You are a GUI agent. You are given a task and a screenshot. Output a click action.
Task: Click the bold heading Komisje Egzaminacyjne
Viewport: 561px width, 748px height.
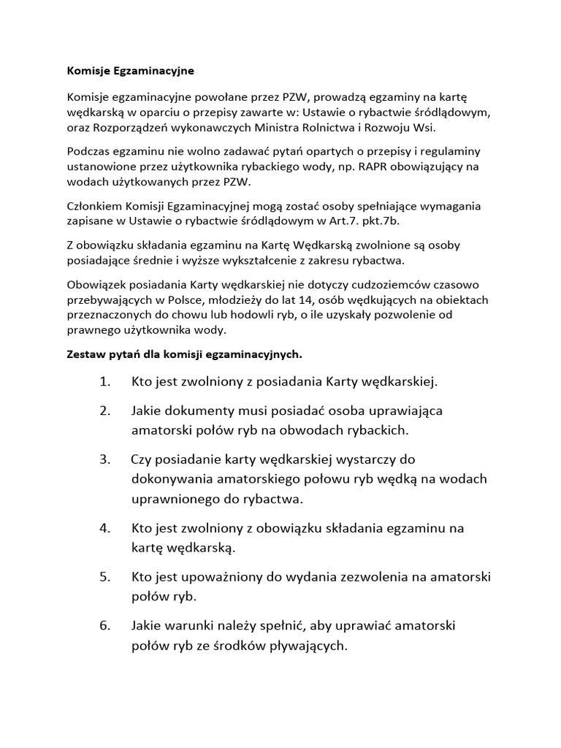click(131, 72)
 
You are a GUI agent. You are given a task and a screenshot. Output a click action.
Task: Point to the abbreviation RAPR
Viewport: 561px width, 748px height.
click(356, 167)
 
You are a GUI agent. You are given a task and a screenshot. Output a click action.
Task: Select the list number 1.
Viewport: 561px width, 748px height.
click(104, 381)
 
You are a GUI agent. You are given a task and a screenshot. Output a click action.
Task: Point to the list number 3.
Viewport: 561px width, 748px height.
click(104, 459)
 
